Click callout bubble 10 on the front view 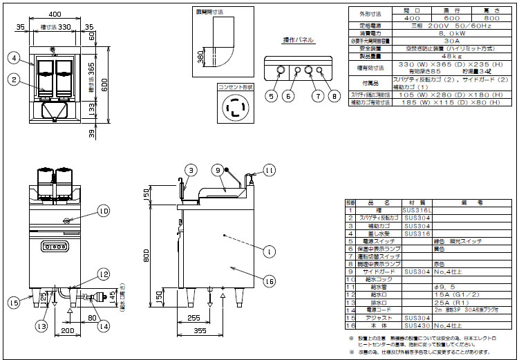click(104, 211)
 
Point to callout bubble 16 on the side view click(270, 281)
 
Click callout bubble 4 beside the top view click(15, 57)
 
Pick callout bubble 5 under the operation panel click(272, 96)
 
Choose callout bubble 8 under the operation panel click(335, 96)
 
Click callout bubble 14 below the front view click(104, 326)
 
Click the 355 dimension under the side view click(199, 332)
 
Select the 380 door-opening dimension click(200, 60)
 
